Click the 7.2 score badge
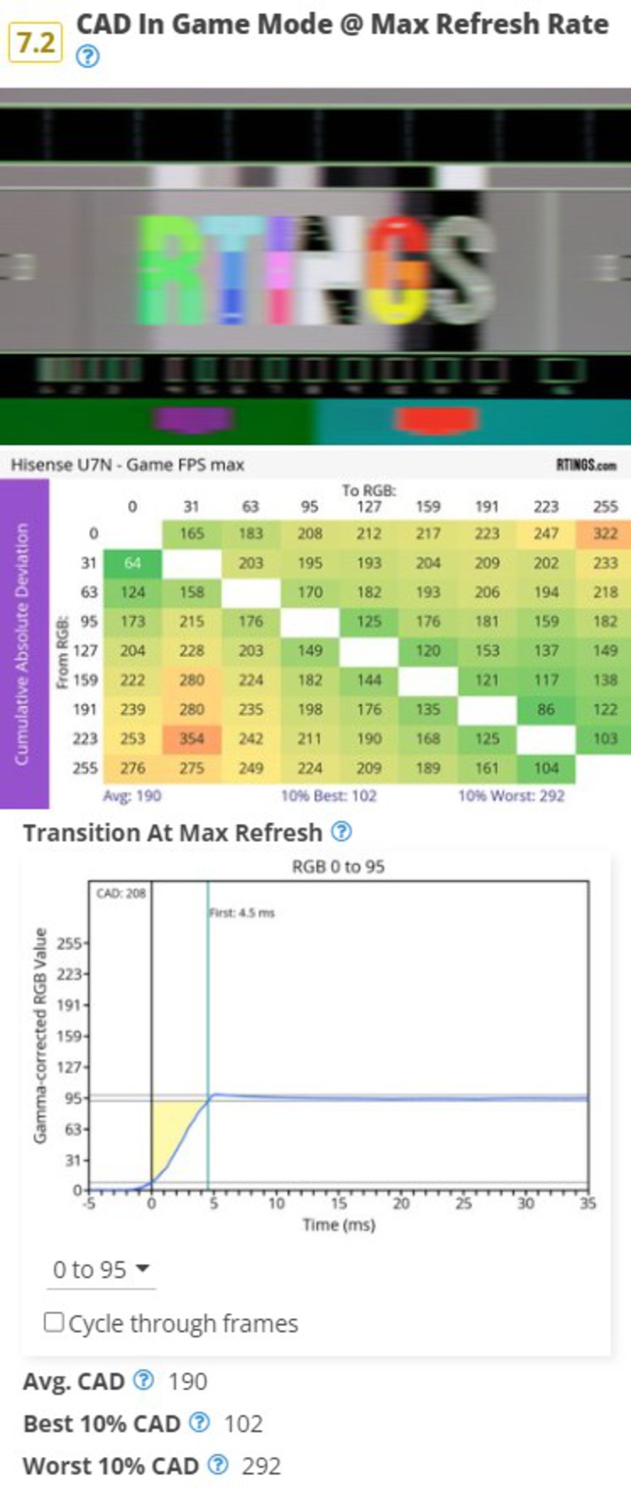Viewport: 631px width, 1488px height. [x=35, y=42]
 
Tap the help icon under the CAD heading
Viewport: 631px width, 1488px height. [x=88, y=57]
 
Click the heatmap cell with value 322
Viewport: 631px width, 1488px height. [x=604, y=534]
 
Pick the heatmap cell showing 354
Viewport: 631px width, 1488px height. [x=192, y=739]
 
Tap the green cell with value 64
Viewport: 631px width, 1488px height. [x=133, y=563]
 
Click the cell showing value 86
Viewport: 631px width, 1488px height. [x=546, y=710]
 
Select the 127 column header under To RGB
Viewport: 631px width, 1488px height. [x=369, y=507]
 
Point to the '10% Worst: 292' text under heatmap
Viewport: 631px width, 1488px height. [x=511, y=795]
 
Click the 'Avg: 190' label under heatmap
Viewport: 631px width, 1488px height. [x=132, y=795]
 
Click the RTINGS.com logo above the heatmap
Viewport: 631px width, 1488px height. [x=586, y=465]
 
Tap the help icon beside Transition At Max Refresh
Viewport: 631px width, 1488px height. [x=341, y=831]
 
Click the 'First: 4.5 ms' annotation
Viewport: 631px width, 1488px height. [x=242, y=913]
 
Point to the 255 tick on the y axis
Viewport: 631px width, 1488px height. [x=69, y=944]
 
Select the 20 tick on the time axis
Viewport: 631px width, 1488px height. [x=401, y=1203]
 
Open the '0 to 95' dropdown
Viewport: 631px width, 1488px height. [x=101, y=1270]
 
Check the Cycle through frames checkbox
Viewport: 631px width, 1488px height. [x=54, y=1322]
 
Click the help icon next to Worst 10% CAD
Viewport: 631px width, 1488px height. [x=218, y=1465]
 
